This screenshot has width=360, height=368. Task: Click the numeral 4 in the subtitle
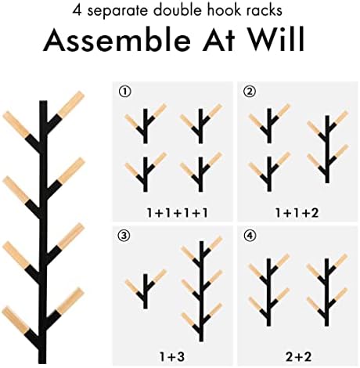[77, 10]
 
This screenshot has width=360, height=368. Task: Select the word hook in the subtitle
[229, 10]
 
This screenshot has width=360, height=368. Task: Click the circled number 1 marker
[125, 92]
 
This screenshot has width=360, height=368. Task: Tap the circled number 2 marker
[250, 92]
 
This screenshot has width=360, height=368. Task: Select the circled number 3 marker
[124, 236]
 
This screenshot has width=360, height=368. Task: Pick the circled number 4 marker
[250, 236]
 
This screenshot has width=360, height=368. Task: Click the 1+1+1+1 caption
[178, 213]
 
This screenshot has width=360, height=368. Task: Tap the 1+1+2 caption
[297, 213]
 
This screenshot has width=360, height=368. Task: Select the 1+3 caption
[172, 356]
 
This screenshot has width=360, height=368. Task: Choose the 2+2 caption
[299, 356]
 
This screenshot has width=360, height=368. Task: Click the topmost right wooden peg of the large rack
[70, 104]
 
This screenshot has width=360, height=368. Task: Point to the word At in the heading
[218, 39]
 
